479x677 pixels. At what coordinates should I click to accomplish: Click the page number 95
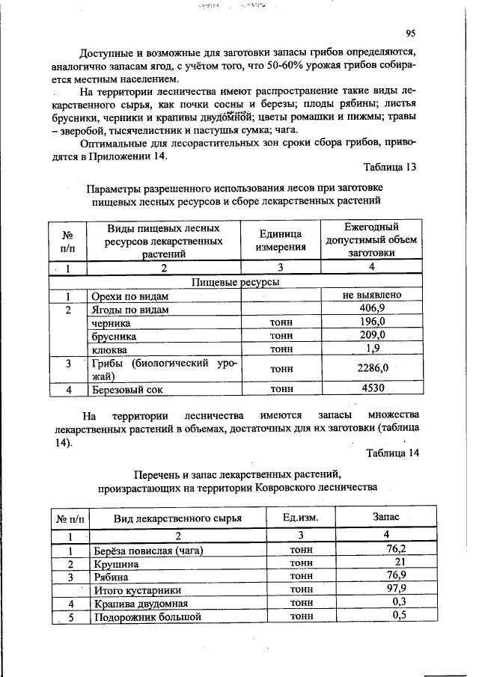[x=411, y=33]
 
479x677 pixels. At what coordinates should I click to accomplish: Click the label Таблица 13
[x=389, y=167]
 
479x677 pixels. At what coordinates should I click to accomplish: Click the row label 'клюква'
[x=109, y=349]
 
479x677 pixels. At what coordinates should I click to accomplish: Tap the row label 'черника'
[x=111, y=322]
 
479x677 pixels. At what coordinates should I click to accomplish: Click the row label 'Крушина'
[x=113, y=563]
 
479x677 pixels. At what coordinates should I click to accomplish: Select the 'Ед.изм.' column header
[x=300, y=518]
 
